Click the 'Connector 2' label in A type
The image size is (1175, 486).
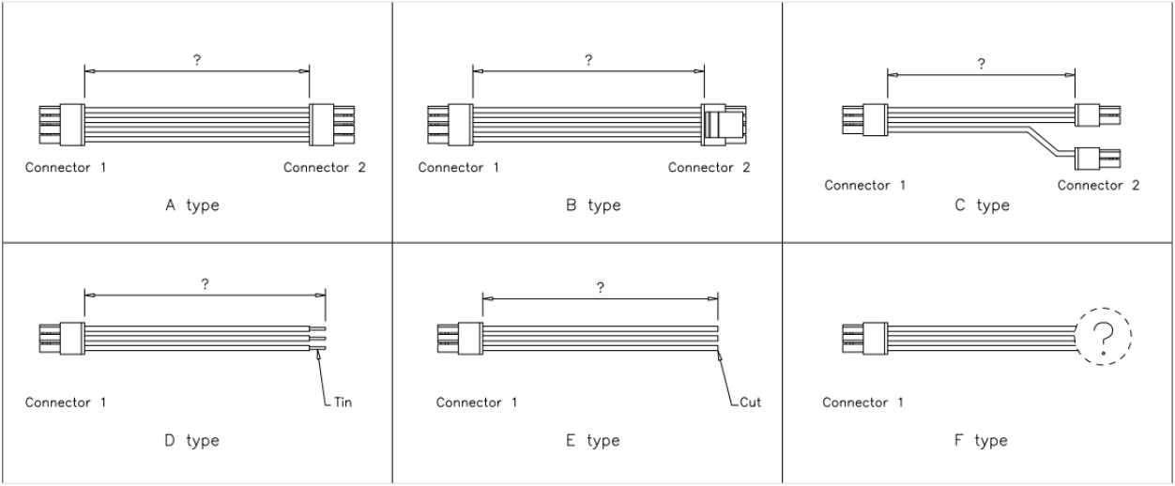click(x=325, y=169)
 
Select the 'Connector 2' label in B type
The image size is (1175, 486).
click(x=710, y=169)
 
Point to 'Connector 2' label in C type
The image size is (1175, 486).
click(x=1098, y=185)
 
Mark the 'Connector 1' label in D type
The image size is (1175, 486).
click(x=66, y=402)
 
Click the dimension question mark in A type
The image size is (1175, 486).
click(x=196, y=59)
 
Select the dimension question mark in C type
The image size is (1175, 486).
click(x=981, y=65)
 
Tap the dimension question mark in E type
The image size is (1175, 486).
click(x=600, y=288)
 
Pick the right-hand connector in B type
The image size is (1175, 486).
click(x=724, y=125)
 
